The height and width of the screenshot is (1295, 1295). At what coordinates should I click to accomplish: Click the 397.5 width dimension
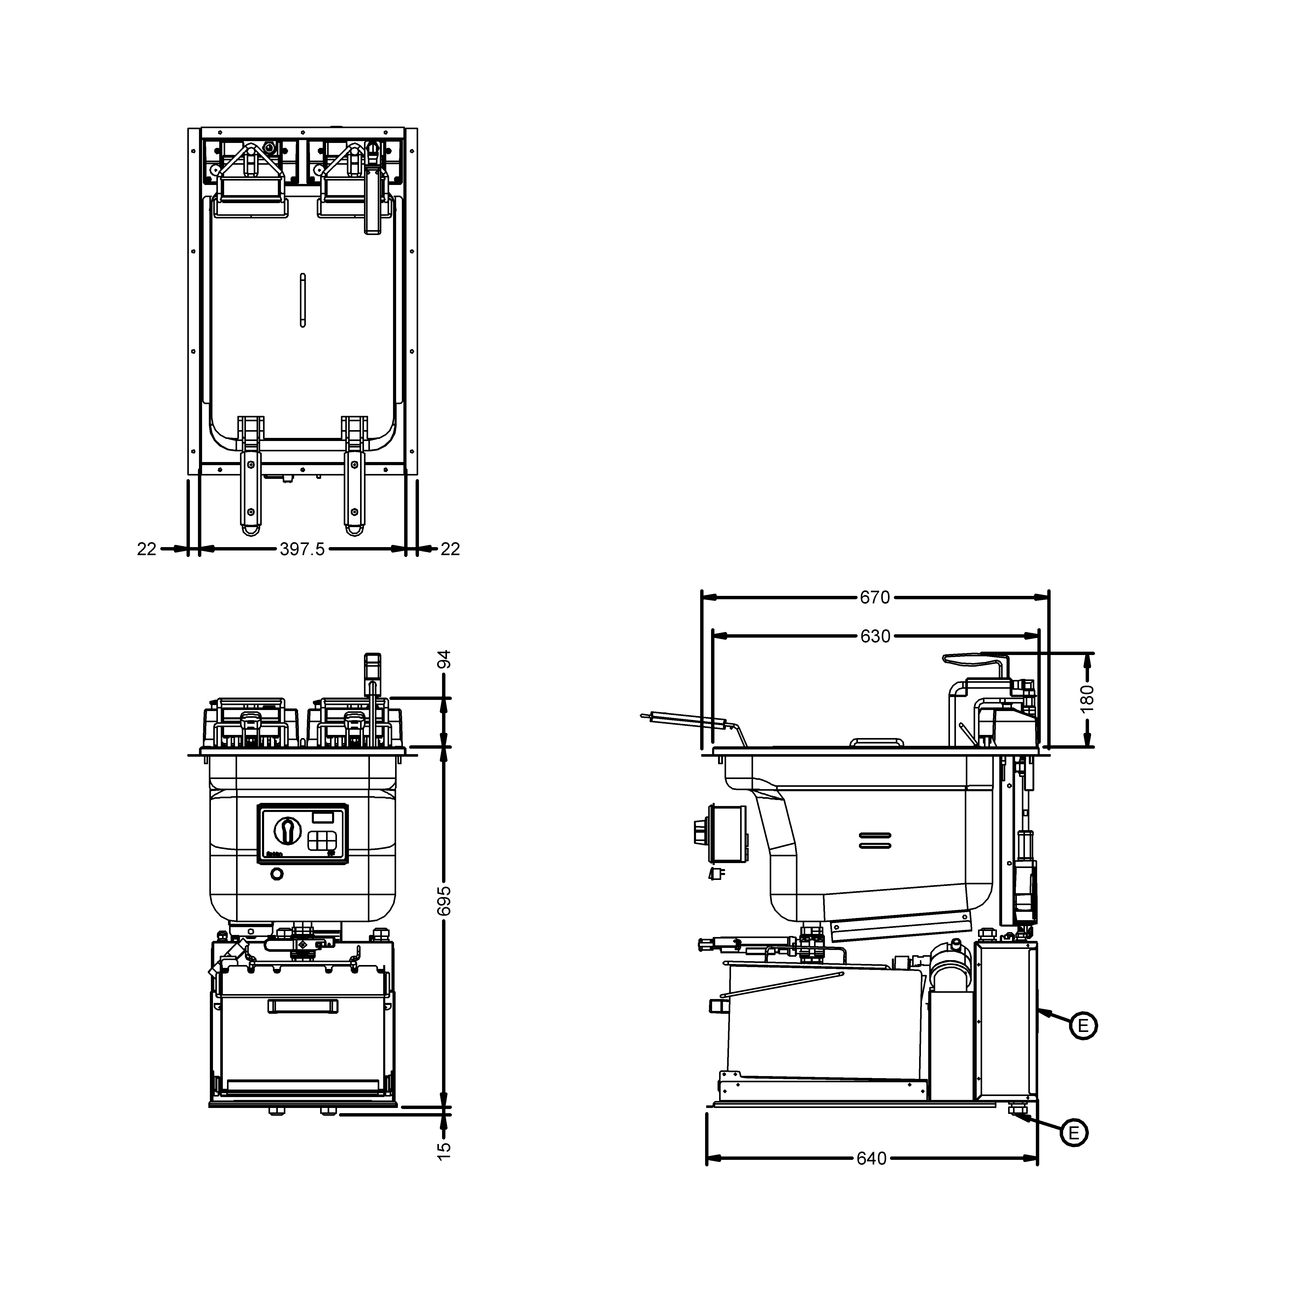[x=302, y=549]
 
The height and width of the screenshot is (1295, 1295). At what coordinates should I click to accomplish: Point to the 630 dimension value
[x=875, y=636]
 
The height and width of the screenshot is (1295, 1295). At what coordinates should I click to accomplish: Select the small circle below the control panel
[x=276, y=874]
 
